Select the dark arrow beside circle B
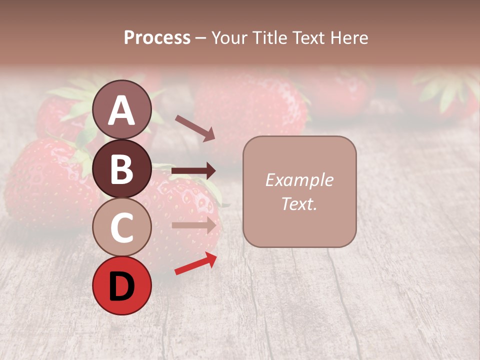point(193,171)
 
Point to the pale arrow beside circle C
point(194,225)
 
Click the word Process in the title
point(157,38)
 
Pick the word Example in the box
point(299,180)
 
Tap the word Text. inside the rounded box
point(299,204)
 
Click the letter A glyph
point(121,110)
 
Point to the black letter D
point(121,286)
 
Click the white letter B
point(121,169)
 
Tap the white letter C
point(121,227)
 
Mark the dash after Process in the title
point(200,38)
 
